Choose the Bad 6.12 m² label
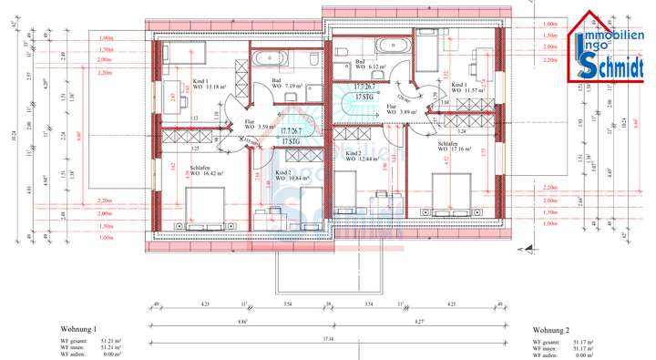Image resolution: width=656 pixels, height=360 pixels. [370, 66]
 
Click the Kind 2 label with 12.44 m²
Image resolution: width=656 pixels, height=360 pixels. [359, 156]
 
